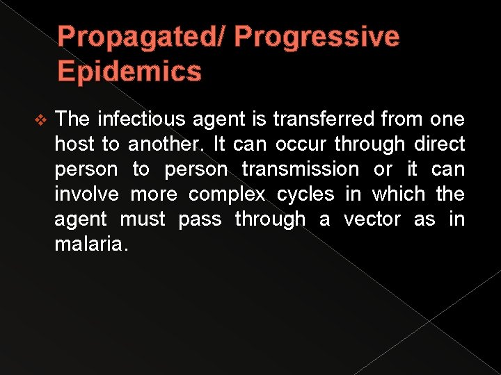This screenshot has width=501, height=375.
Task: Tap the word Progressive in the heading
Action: (x=317, y=37)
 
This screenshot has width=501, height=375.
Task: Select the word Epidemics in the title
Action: (x=129, y=71)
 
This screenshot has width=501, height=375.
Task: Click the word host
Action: (x=74, y=144)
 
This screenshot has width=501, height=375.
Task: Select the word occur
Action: (x=301, y=144)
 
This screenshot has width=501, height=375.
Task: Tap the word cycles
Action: (x=305, y=195)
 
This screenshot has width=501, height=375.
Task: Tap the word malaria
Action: (x=90, y=244)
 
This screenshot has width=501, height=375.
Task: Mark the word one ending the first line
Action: (x=446, y=120)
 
